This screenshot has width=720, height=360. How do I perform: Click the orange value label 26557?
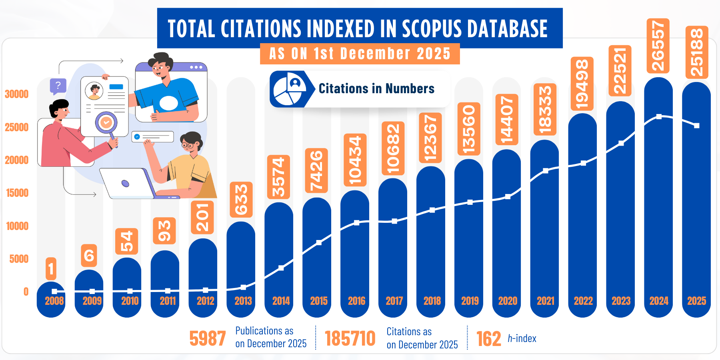pyautogui.click(x=658, y=46)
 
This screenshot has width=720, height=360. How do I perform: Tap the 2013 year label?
pyautogui.click(x=243, y=301)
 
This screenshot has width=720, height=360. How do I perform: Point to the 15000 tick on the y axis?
pyautogui.click(x=17, y=193)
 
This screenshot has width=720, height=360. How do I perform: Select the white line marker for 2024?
pyautogui.click(x=659, y=116)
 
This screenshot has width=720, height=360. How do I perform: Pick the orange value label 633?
pyautogui.click(x=241, y=200)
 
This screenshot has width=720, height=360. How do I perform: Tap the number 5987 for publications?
pyautogui.click(x=208, y=338)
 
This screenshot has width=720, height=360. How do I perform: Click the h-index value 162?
pyautogui.click(x=488, y=339)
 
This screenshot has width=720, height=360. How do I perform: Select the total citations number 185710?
pyautogui.click(x=350, y=339)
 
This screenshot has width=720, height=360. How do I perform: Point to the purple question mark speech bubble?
pyautogui.click(x=58, y=86)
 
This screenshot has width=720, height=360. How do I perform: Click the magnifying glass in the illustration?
pyautogui.click(x=106, y=123)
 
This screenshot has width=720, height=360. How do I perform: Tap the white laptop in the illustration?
pyautogui.click(x=126, y=184)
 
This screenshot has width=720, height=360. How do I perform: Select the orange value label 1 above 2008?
pyautogui.click(x=51, y=268)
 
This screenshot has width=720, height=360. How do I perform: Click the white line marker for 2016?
pyautogui.click(x=356, y=223)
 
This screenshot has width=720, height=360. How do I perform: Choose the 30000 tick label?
pyautogui.click(x=17, y=94)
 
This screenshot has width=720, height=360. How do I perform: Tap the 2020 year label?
pyautogui.click(x=508, y=301)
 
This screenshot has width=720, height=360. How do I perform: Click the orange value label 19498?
pyautogui.click(x=582, y=84)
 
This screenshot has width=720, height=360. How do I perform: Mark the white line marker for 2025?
pyautogui.click(x=697, y=126)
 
